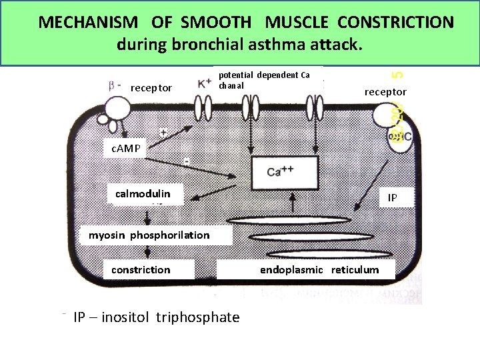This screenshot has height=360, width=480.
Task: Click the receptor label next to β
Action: tap(151, 88)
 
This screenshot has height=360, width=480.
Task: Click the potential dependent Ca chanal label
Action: tap(264, 80)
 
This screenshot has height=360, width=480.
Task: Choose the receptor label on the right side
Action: tap(385, 91)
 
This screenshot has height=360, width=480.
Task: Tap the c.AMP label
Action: tap(125, 148)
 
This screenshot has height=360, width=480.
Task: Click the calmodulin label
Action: tap(143, 194)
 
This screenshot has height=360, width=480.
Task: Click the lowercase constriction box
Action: tap(141, 270)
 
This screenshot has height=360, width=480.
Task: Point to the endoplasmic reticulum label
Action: tap(319, 270)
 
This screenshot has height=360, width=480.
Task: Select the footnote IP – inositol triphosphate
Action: tap(156, 317)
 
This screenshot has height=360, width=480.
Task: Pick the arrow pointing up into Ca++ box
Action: tap(294, 203)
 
